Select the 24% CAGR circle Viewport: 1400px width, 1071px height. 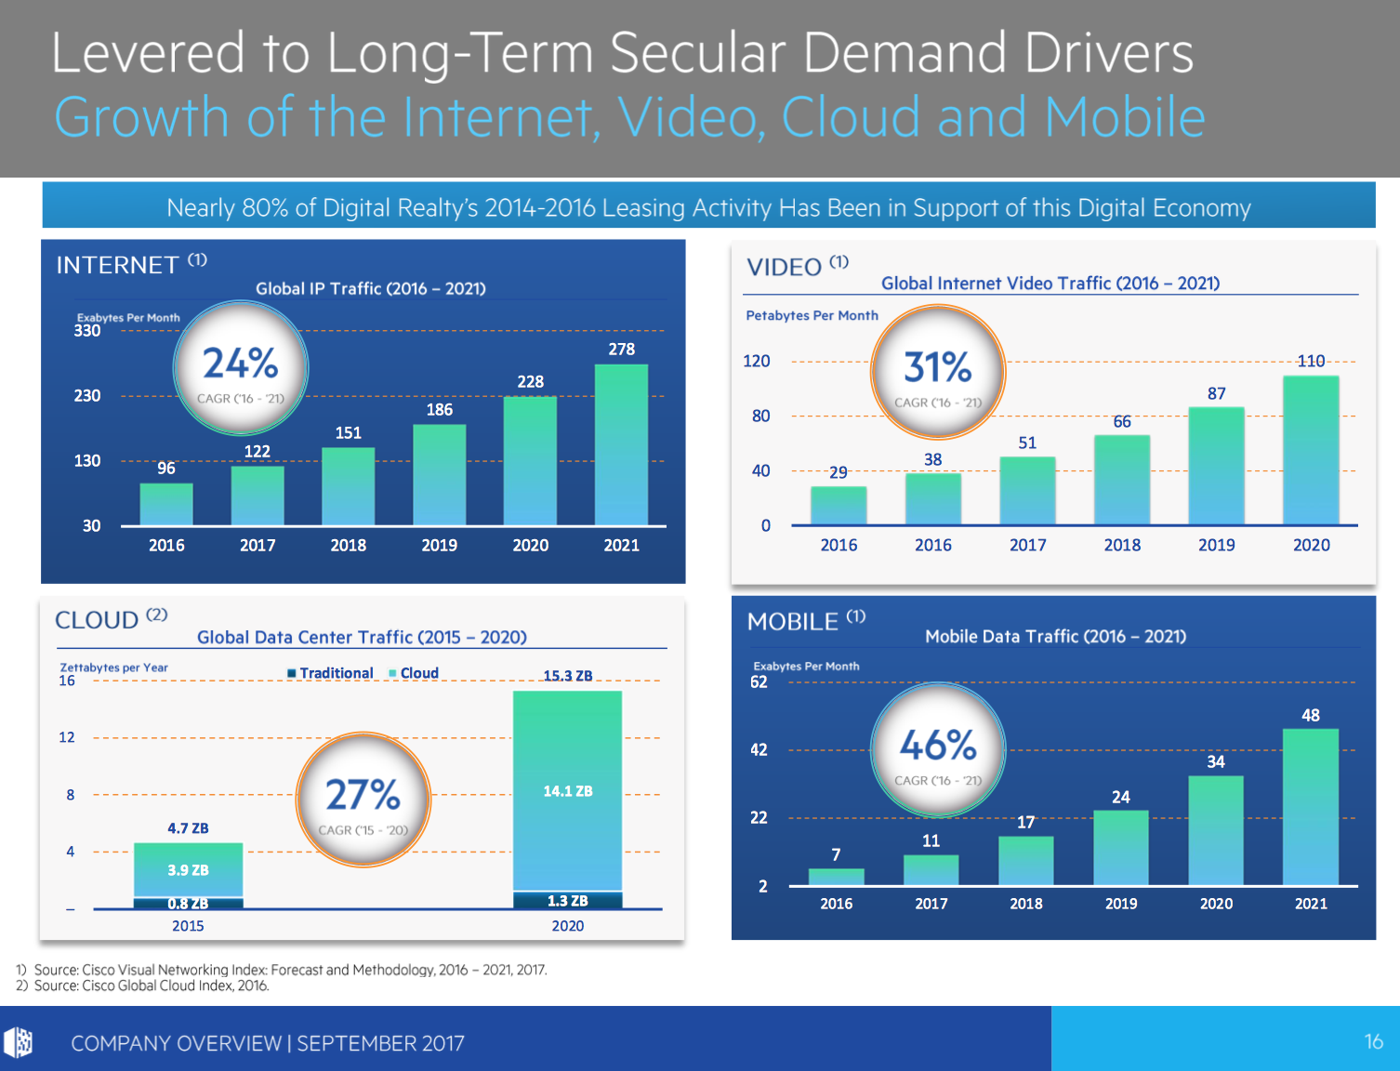241,368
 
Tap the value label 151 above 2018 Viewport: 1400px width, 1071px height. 349,433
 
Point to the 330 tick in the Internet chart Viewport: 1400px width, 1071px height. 87,331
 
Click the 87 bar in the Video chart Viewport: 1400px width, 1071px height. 1216,465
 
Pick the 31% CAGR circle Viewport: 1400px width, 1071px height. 938,372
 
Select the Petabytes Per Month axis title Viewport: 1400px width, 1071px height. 812,316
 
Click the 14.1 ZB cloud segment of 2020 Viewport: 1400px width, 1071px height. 567,790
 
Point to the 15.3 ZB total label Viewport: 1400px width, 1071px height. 567,676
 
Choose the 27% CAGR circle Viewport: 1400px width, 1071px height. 363,800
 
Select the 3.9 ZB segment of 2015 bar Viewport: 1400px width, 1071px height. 188,870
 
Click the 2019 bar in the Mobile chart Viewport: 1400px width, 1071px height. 1121,848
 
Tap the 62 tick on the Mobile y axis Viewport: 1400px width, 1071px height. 759,682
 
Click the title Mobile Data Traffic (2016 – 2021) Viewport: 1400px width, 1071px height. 1055,637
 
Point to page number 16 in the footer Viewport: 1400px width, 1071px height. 1373,1042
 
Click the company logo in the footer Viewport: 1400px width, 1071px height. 19,1042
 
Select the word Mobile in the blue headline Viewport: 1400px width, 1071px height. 1124,118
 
